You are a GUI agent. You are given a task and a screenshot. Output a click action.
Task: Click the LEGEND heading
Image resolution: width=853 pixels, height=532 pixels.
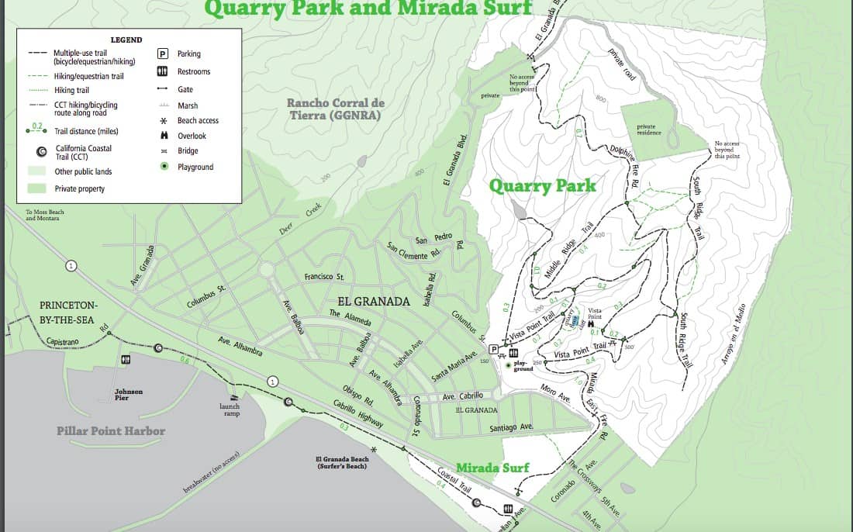pos(126,40)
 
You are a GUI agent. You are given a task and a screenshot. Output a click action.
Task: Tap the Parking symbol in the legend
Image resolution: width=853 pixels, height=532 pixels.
pos(163,54)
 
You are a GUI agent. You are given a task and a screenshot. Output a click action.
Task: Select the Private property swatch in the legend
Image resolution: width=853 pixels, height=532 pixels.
pos(36,188)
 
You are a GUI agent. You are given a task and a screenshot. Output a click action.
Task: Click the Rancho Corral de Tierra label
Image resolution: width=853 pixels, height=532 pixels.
pos(336,109)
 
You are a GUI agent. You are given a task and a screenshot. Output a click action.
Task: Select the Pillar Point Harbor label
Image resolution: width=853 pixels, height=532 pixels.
pos(111,430)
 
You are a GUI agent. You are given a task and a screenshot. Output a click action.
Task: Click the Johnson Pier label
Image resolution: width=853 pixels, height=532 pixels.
pos(129,395)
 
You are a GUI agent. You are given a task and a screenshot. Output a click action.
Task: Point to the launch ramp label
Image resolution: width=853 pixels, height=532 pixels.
pos(230,409)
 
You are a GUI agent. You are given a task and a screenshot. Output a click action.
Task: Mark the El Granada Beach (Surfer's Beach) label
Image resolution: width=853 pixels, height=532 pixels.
pos(342,462)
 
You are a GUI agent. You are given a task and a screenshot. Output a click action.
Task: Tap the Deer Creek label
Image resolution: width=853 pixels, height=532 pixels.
pos(301,219)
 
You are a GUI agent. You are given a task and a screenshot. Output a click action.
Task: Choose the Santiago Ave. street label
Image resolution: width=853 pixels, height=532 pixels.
pos(511,427)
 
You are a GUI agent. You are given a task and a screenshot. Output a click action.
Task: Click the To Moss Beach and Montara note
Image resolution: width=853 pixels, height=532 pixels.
pos(43,215)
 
